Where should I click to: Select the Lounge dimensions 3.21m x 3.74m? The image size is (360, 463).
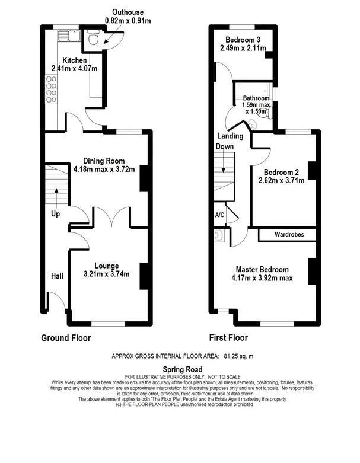(x=103, y=274)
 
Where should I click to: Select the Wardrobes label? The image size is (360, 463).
(x=289, y=235)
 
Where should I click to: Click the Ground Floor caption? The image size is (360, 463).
(x=66, y=339)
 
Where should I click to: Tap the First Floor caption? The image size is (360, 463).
(x=228, y=339)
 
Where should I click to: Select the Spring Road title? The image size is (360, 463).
(x=180, y=369)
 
